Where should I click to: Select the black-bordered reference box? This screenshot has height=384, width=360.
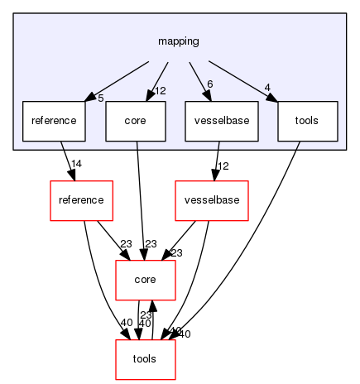coord(54,121)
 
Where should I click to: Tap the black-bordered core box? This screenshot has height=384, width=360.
coord(136,121)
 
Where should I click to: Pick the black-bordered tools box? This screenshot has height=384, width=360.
coord(307,121)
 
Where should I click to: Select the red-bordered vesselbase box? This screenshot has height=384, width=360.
coord(211,201)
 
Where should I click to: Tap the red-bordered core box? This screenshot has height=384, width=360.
coord(145,281)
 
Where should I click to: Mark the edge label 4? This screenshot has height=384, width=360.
coord(266,87)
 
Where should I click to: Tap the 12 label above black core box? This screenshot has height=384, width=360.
coord(161,90)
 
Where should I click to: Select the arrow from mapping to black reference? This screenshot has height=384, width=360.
coord(116,79)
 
